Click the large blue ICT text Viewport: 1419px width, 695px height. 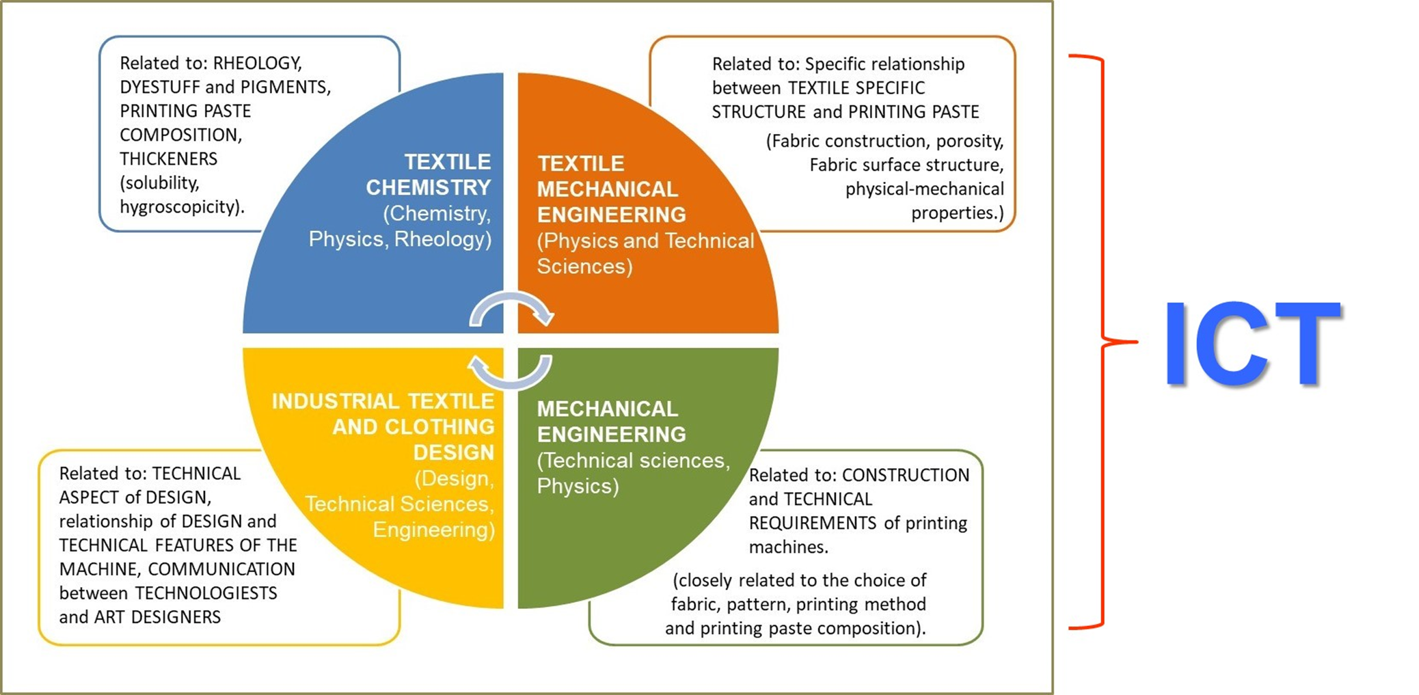(1252, 344)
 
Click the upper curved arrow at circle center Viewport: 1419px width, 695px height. (511, 308)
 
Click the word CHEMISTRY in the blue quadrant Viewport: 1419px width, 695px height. (428, 187)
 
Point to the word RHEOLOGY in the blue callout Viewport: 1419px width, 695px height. (257, 64)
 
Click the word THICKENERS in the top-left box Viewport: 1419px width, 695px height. (168, 159)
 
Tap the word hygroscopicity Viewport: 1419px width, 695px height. (182, 207)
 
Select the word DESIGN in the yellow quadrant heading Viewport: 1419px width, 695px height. (453, 452)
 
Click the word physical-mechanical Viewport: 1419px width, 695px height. (924, 189)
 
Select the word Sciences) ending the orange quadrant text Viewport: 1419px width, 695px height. (584, 267)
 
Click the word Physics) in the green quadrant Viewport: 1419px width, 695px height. (578, 487)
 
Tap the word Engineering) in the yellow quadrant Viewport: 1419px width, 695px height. (433, 530)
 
